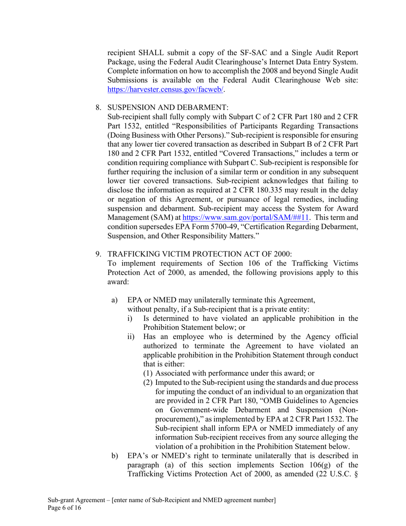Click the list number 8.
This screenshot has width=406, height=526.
(x=98, y=107)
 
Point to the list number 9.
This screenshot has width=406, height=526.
(x=98, y=254)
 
